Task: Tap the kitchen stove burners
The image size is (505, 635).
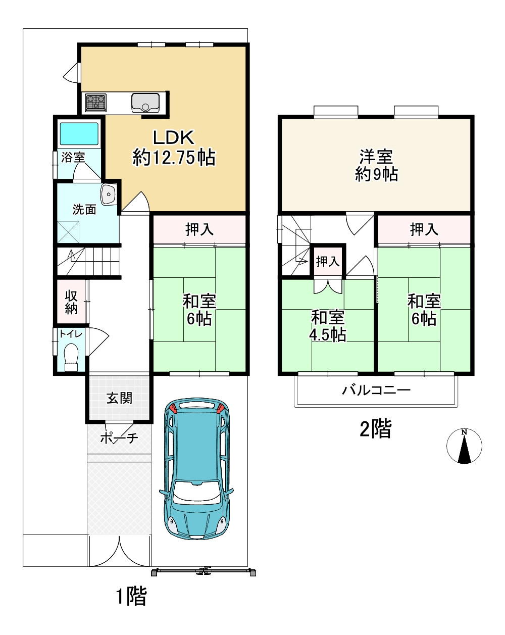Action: (x=95, y=103)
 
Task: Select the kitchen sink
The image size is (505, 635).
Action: (x=145, y=103)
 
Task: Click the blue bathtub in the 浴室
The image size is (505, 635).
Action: (x=79, y=134)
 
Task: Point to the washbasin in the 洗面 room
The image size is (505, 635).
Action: (x=108, y=194)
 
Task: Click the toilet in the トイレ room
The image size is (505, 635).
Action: (x=72, y=357)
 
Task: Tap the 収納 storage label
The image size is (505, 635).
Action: (x=71, y=302)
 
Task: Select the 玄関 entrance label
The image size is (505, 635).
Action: (x=119, y=398)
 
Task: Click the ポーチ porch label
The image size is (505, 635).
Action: (x=119, y=438)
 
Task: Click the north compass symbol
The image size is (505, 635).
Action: (x=464, y=446)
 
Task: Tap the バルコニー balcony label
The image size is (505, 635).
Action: (x=376, y=390)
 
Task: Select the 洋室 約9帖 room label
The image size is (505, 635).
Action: (x=376, y=165)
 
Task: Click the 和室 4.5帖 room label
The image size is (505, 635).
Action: (x=328, y=326)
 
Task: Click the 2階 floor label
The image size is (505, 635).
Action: (x=375, y=429)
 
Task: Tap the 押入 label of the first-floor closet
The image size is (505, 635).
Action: (x=199, y=229)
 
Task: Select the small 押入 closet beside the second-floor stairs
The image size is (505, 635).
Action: (x=328, y=261)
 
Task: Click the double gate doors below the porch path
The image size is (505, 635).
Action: (x=119, y=552)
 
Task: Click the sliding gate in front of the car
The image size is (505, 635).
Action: (x=204, y=572)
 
